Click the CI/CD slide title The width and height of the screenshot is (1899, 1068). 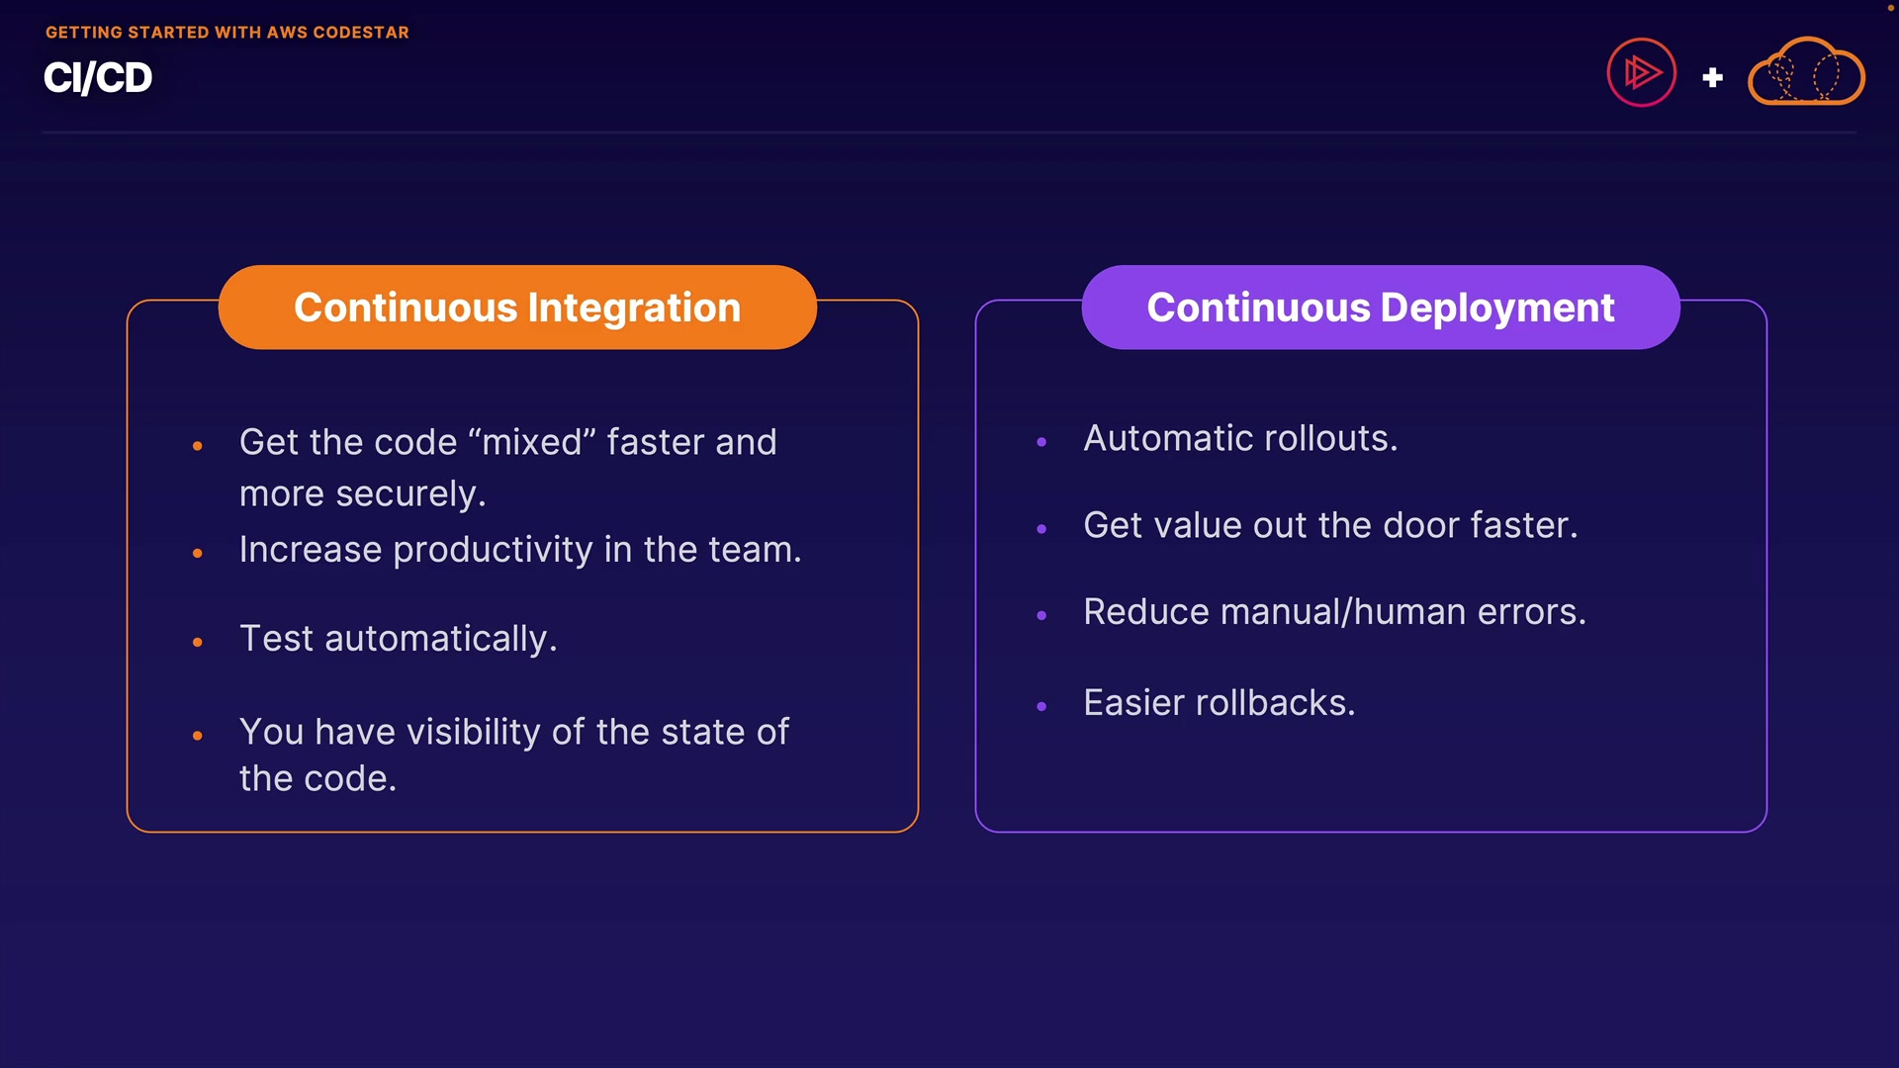pyautogui.click(x=98, y=78)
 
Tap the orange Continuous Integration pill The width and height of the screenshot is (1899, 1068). pyautogui.click(x=517, y=308)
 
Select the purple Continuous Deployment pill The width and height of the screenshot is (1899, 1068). pyautogui.click(x=1381, y=308)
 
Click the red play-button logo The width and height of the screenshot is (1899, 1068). pyautogui.click(x=1641, y=72)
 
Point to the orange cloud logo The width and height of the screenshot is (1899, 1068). pyautogui.click(x=1806, y=72)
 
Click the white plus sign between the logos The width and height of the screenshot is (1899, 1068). pyautogui.click(x=1713, y=77)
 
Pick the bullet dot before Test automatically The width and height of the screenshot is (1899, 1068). pyautogui.click(x=198, y=643)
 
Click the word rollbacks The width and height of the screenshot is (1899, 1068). pyautogui.click(x=1275, y=703)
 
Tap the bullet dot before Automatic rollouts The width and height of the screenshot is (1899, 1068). pyautogui.click(x=1041, y=442)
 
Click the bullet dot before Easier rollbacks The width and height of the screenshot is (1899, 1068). pyautogui.click(x=1041, y=706)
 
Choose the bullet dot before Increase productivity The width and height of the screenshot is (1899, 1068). pyautogui.click(x=198, y=554)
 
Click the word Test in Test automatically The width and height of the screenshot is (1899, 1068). pyautogui.click(x=276, y=639)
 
